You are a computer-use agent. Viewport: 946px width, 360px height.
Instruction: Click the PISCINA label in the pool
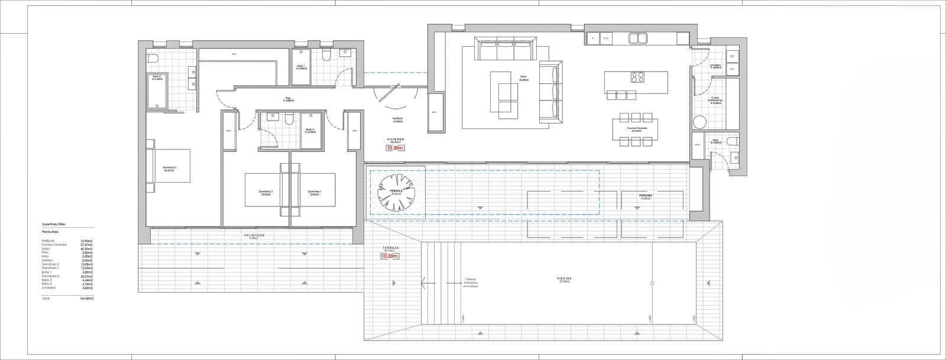563,278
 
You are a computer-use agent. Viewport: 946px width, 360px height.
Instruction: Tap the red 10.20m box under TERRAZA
390,256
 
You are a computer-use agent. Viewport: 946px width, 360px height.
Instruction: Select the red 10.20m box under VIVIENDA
394,148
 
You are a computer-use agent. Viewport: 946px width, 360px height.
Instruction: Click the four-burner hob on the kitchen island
637,77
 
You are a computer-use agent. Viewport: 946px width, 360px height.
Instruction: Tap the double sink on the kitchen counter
637,38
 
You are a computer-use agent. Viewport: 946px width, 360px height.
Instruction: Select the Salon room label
523,77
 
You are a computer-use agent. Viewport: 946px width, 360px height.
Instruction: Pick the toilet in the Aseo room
733,141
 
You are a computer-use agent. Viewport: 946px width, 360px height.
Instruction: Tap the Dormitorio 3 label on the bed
170,168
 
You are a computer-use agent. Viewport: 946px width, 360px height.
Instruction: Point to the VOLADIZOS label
254,235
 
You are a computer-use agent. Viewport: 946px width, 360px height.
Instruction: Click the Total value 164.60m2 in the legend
88,299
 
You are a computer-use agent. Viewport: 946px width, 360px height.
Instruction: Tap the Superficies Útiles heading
54,225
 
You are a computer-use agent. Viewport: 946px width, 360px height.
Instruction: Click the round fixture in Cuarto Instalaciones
700,122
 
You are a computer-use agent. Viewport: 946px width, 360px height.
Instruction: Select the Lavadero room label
716,66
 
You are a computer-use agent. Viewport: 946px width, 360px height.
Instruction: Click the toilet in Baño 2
290,119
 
